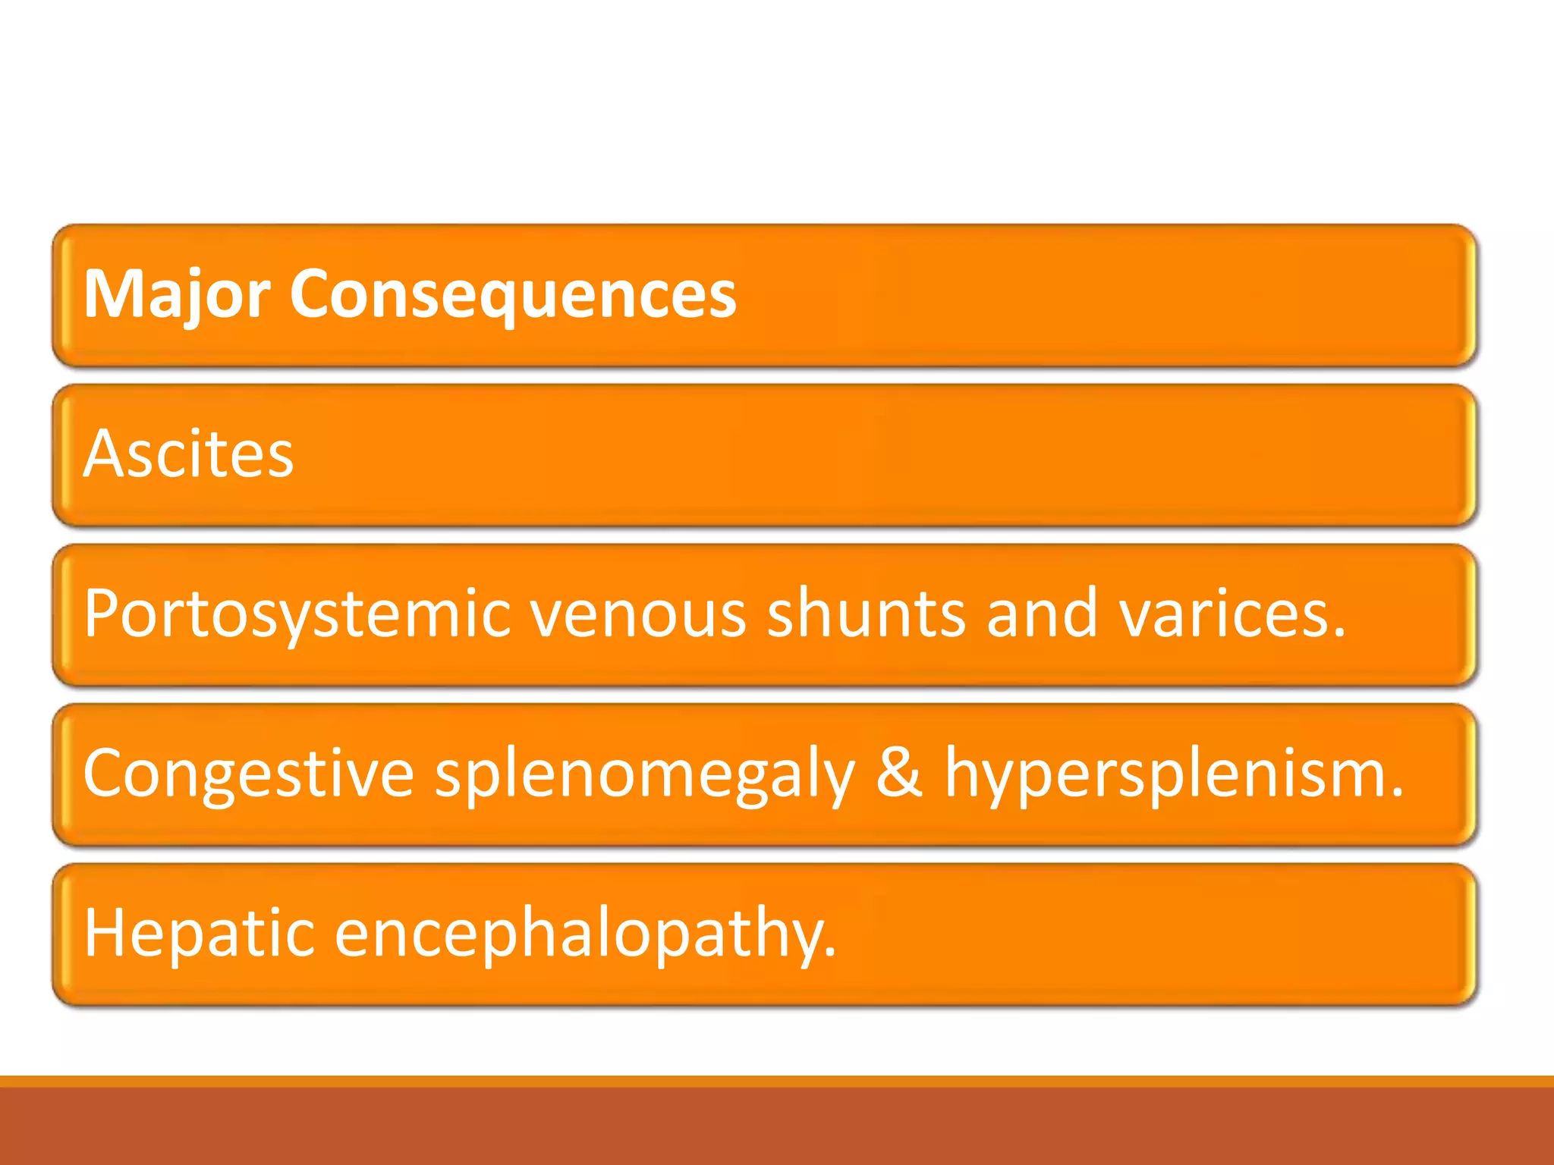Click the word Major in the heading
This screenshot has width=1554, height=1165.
[x=176, y=294]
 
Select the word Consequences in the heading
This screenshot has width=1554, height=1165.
[x=512, y=294]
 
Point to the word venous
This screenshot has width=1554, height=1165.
[x=638, y=614]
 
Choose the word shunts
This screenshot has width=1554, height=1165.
[x=866, y=614]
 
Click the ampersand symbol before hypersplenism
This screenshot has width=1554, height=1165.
[x=899, y=774]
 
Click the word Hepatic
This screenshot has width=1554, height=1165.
[x=199, y=933]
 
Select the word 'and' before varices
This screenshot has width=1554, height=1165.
[x=1042, y=614]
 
